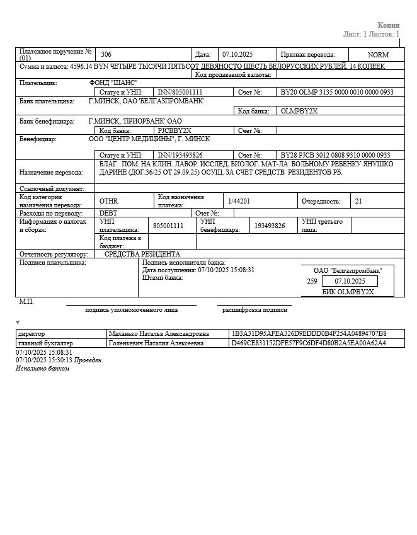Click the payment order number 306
click(106, 55)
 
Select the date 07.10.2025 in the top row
click(237, 55)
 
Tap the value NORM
click(379, 55)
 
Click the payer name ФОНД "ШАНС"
click(113, 83)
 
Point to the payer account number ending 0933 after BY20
click(337, 92)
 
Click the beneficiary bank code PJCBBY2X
click(174, 130)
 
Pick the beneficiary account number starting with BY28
click(335, 155)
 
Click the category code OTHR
click(109, 201)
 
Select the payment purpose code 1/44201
click(239, 201)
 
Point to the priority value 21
click(358, 201)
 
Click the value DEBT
click(108, 213)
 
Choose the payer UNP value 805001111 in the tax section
click(168, 226)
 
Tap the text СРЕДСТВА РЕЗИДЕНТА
click(142, 254)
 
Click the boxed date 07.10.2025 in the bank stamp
click(350, 281)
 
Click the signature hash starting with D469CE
click(309, 343)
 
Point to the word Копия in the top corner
click(388, 25)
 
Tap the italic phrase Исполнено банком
click(42, 368)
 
